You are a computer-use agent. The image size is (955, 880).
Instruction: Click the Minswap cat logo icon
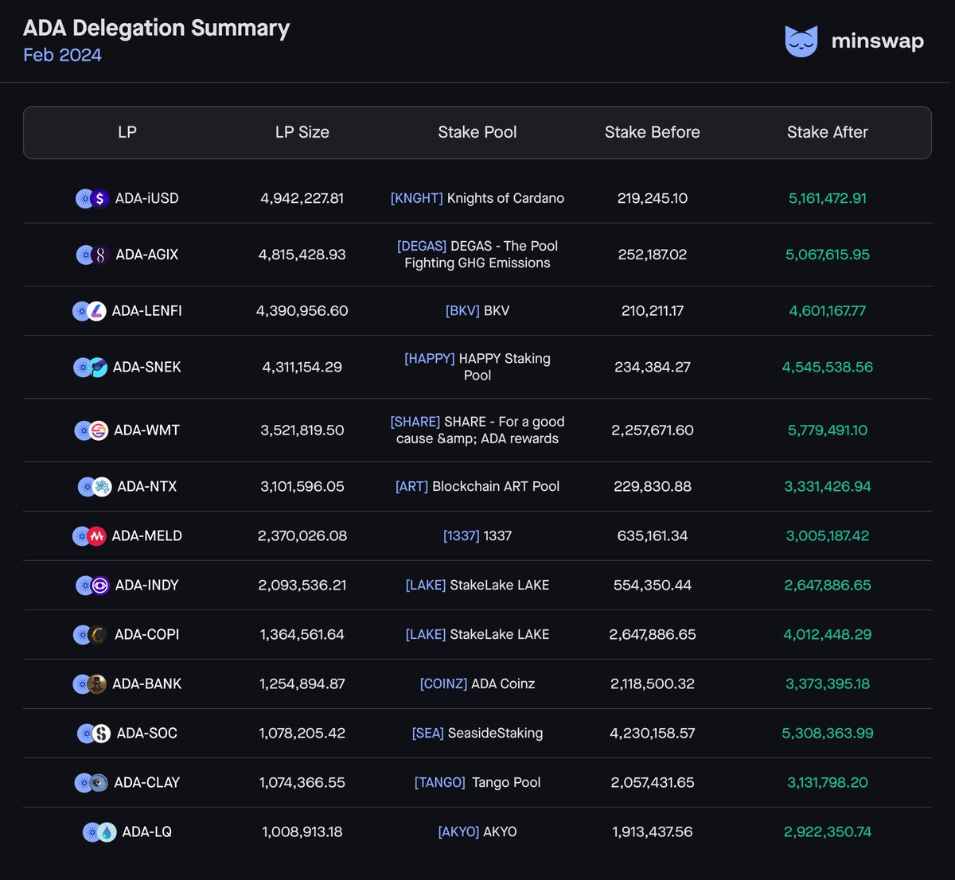(801, 41)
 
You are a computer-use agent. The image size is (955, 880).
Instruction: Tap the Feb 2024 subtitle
(62, 55)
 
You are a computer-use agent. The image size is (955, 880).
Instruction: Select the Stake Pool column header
(477, 132)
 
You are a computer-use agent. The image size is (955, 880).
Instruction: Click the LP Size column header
(302, 132)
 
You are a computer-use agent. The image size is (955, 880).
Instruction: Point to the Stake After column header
(827, 132)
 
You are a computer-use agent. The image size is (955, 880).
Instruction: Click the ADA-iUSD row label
(146, 198)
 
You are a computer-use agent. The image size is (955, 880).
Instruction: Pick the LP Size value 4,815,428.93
(302, 255)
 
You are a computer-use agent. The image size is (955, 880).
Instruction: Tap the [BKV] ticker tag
(462, 311)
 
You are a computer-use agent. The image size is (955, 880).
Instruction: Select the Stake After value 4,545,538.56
(827, 367)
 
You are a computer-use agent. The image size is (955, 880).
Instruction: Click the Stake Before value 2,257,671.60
(652, 430)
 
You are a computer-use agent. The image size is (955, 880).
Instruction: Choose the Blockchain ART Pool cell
(477, 486)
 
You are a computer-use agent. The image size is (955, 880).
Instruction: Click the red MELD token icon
(97, 536)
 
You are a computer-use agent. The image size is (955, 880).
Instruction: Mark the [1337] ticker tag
(461, 536)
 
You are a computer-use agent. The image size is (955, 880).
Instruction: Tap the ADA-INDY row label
(146, 586)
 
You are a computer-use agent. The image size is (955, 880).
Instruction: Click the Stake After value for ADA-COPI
(827, 635)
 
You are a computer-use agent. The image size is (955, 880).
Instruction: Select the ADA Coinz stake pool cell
(477, 684)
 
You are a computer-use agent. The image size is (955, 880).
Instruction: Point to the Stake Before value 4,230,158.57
(652, 734)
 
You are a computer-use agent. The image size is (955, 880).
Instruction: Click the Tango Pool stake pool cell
(477, 783)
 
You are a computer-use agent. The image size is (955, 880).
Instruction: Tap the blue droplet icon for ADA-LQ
(107, 832)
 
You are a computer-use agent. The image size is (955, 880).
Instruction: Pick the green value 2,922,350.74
(827, 832)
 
